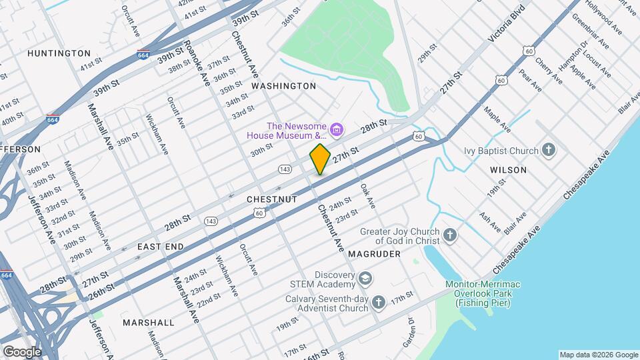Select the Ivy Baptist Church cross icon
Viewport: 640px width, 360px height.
point(549,151)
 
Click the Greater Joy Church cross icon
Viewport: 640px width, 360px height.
point(450,235)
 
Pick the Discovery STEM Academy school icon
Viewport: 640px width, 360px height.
point(365,277)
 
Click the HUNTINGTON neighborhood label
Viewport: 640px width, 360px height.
point(59,53)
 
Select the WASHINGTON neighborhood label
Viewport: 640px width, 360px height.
point(283,86)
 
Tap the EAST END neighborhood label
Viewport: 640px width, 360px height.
point(160,247)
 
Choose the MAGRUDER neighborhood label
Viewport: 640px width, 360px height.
point(373,254)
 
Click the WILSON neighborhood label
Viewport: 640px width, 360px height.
point(508,170)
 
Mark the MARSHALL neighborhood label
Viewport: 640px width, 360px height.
point(148,323)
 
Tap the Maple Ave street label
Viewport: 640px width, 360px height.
point(497,119)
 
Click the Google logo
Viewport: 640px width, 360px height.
point(21,351)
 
